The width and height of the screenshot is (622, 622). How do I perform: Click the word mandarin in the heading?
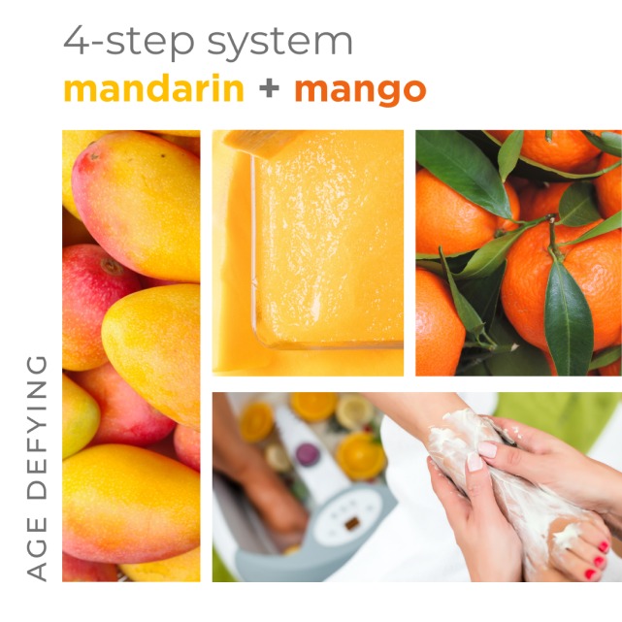point(154,88)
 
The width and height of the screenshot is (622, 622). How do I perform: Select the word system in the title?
point(279,43)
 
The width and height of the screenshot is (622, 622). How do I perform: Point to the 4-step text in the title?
point(129,42)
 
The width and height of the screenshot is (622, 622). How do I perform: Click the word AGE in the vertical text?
point(37,548)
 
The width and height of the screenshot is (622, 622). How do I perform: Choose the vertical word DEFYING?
point(37,427)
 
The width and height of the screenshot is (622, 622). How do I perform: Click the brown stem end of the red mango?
point(113,267)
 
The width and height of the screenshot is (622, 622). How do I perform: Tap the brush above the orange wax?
point(260,143)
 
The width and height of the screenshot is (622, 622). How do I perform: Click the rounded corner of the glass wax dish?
point(260,340)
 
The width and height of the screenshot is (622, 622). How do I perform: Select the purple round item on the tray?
point(308,454)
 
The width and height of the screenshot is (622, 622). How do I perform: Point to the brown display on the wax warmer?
point(352,523)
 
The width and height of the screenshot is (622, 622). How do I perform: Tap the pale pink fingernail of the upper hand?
point(487,449)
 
